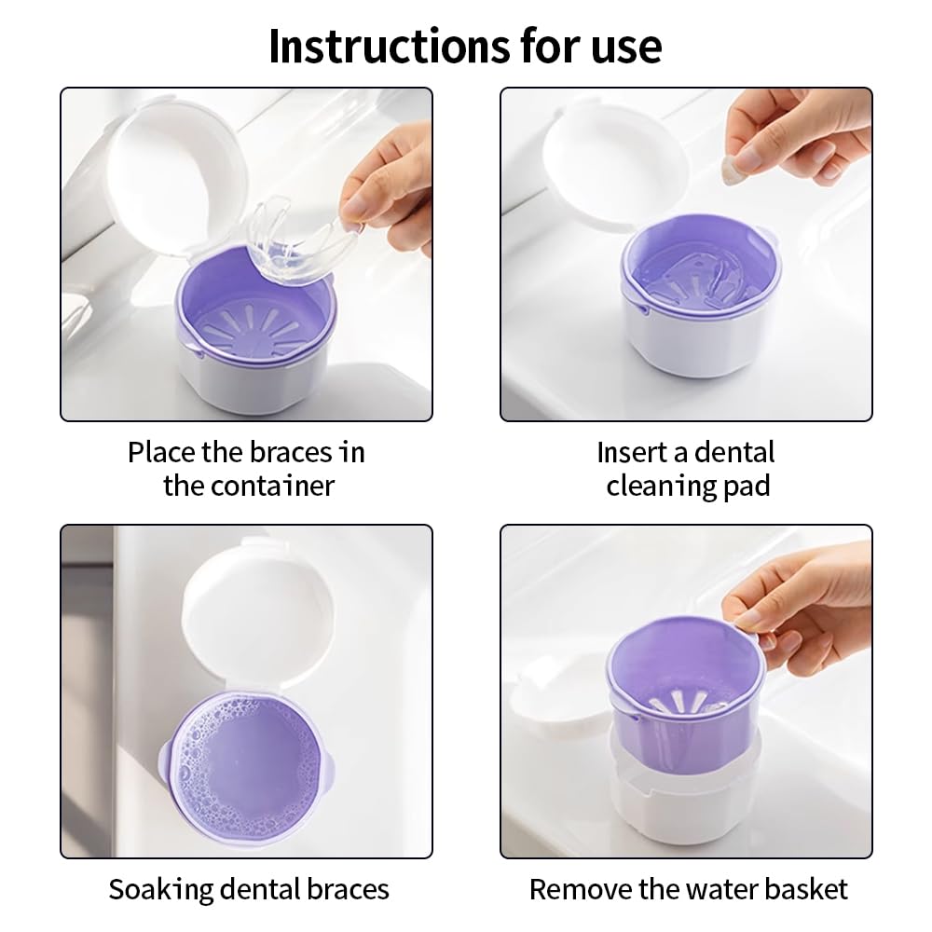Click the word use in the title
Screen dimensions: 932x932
pos(626,46)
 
